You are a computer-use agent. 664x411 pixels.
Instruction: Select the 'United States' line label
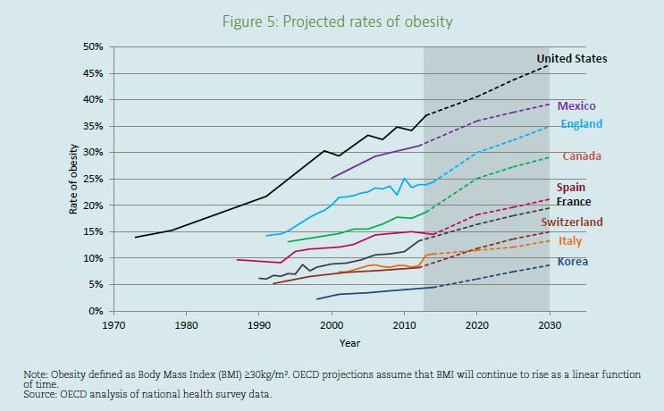click(572, 59)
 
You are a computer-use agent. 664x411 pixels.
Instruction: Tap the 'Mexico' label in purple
click(576, 106)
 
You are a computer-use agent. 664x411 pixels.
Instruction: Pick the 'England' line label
click(582, 124)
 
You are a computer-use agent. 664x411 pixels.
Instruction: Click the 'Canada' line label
click(581, 156)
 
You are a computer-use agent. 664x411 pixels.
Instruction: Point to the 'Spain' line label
click(571, 188)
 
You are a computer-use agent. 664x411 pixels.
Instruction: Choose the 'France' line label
click(574, 202)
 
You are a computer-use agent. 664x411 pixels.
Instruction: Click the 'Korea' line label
click(572, 262)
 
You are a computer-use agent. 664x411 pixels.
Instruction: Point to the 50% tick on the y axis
click(93, 46)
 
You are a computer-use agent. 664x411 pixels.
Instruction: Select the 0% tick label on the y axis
click(97, 311)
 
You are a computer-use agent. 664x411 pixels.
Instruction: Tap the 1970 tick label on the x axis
click(113, 325)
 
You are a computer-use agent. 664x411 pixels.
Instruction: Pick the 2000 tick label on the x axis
click(332, 325)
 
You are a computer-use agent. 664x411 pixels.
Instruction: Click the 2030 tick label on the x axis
click(550, 325)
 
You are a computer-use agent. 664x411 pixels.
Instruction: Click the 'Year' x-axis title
click(349, 342)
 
